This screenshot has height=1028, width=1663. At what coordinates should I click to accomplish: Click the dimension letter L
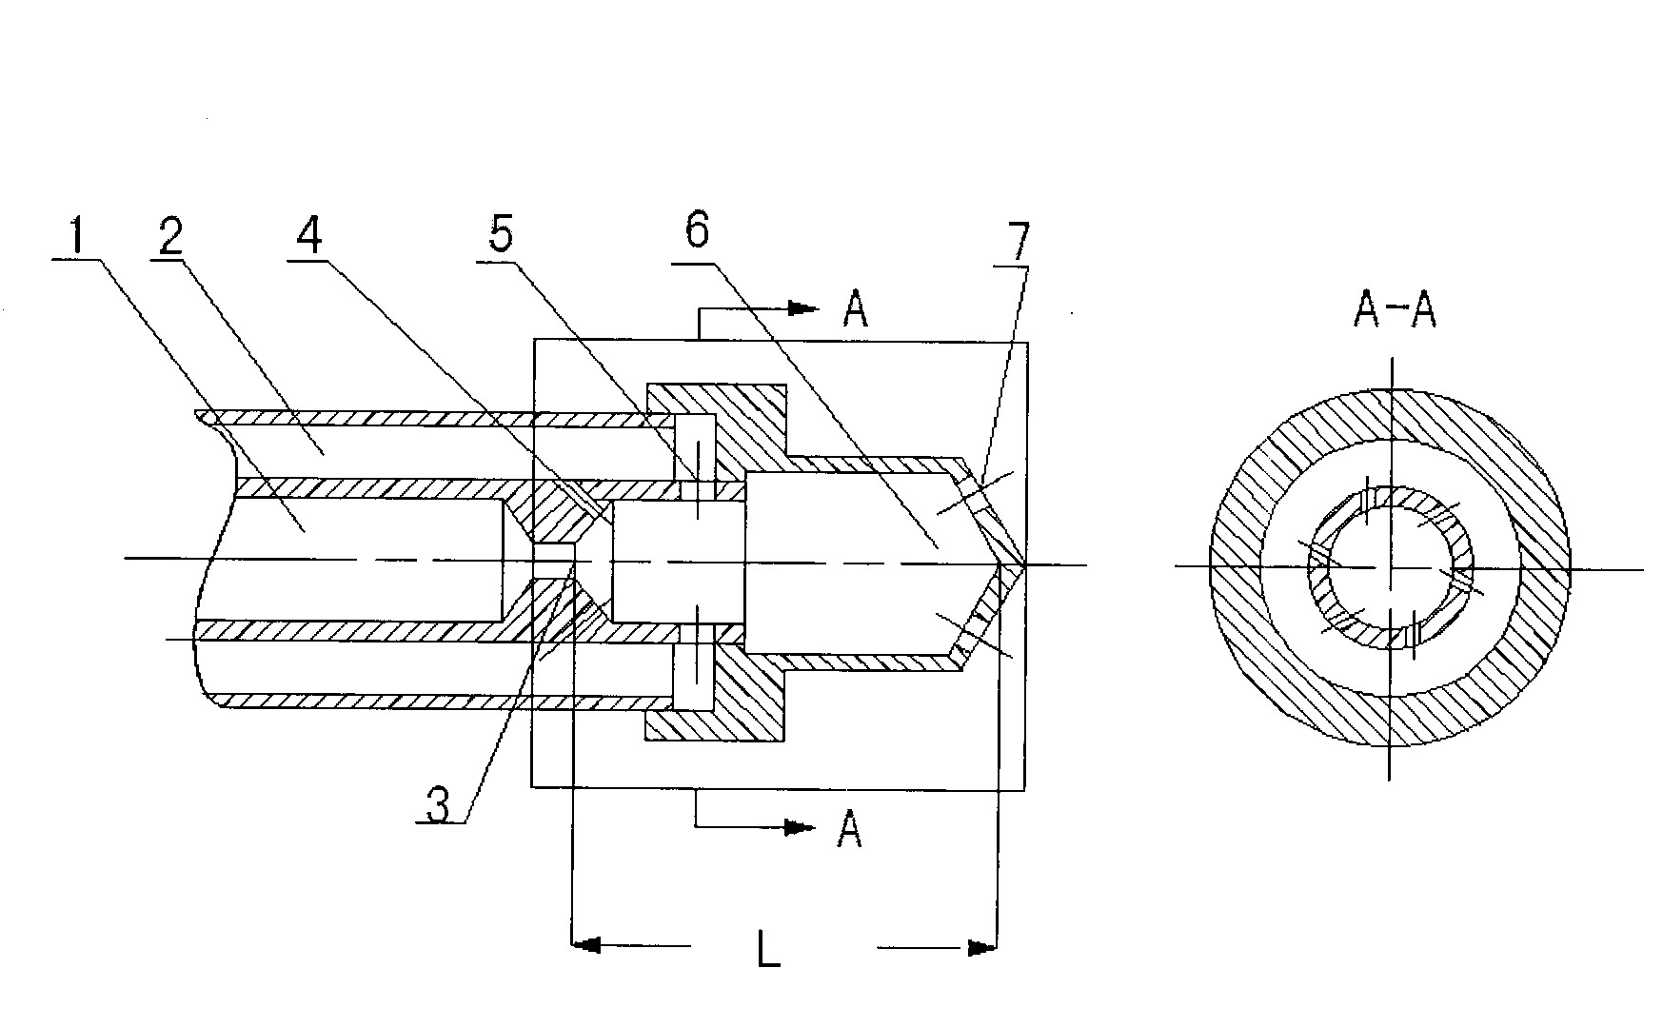[x=769, y=951]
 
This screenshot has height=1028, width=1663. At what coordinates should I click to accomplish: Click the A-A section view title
[x=1394, y=311]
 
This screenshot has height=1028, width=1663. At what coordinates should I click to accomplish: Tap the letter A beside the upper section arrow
[x=856, y=310]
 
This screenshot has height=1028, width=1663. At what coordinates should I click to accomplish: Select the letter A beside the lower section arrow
[x=849, y=830]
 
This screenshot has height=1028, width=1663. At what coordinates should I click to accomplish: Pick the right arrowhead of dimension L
[x=981, y=947]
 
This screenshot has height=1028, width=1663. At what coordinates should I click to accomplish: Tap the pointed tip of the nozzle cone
[x=1022, y=565]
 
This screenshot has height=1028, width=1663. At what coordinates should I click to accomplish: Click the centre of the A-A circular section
[x=1391, y=567]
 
